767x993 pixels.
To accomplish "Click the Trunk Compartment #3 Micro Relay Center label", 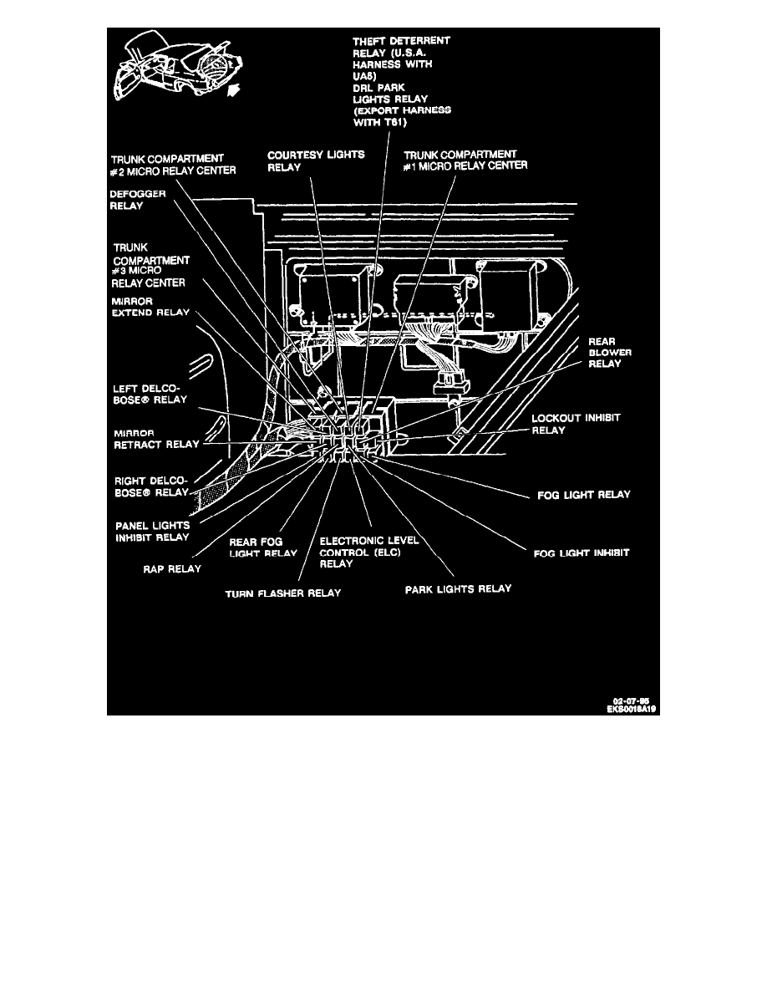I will tap(150, 265).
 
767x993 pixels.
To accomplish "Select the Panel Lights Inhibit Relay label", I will tap(152, 532).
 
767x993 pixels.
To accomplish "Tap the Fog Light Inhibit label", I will tap(580, 553).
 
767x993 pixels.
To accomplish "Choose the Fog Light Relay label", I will tap(582, 495).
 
